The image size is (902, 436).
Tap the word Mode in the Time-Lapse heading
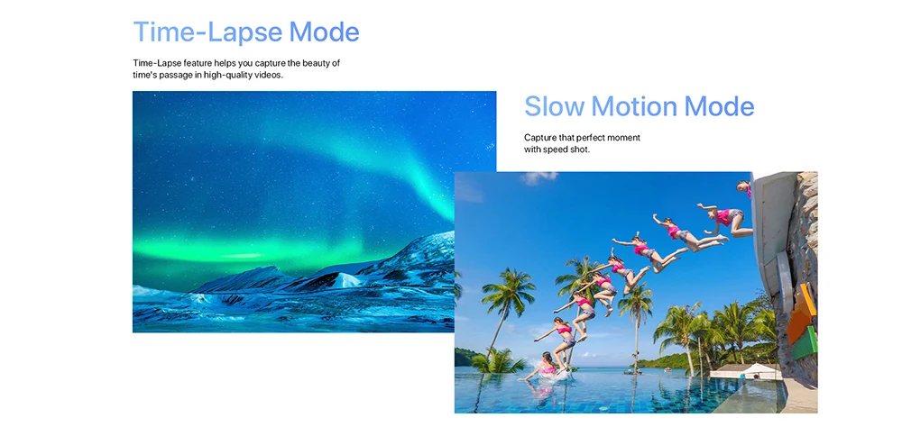point(325,32)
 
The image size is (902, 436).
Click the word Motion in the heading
point(634,107)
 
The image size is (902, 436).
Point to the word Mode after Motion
point(719,107)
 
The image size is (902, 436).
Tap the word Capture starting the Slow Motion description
point(540,138)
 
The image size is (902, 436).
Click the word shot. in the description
point(580,150)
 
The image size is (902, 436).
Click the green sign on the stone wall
point(805,343)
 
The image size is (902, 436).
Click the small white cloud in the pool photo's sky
point(538,178)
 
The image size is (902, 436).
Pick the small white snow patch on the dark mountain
point(347,280)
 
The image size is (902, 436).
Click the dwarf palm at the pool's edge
point(498,360)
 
